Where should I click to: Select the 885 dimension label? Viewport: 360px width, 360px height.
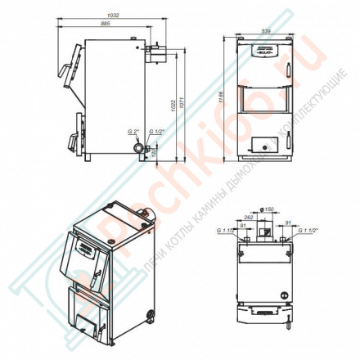[104, 23]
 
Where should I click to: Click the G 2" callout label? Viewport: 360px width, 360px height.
[133, 131]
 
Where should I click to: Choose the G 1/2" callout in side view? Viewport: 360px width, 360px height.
[157, 131]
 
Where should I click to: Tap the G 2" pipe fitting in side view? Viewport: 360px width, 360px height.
[139, 149]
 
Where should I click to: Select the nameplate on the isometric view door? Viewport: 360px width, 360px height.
[84, 243]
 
